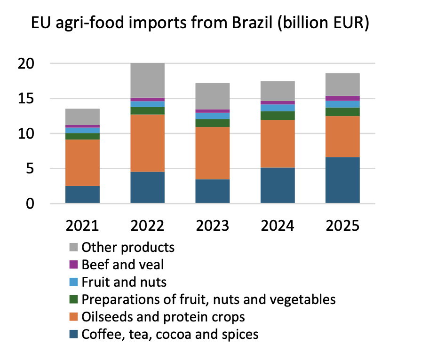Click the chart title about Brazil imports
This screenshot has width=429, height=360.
(x=199, y=23)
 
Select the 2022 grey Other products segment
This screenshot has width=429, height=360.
(x=148, y=80)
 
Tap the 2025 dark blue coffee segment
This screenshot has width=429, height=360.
(x=342, y=180)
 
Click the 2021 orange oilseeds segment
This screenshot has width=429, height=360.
(x=82, y=163)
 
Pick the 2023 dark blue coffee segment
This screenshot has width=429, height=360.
(x=213, y=191)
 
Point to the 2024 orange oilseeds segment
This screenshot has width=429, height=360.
(x=278, y=144)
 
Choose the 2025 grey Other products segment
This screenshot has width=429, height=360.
(x=342, y=84)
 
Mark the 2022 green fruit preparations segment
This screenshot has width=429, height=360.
(x=148, y=110)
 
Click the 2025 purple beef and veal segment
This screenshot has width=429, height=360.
(x=342, y=98)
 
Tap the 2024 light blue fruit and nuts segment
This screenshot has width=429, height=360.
(x=278, y=108)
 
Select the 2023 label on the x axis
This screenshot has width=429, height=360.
(x=213, y=226)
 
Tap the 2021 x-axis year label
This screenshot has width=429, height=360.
(x=82, y=226)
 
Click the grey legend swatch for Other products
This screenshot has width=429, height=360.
(x=73, y=247)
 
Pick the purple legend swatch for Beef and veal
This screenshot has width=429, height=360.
(x=73, y=265)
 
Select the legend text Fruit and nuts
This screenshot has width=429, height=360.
(x=124, y=282)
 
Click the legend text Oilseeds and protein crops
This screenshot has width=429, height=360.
(x=163, y=317)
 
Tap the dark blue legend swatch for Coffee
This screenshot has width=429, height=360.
(x=73, y=335)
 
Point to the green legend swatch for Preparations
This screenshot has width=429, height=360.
(x=73, y=299)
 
